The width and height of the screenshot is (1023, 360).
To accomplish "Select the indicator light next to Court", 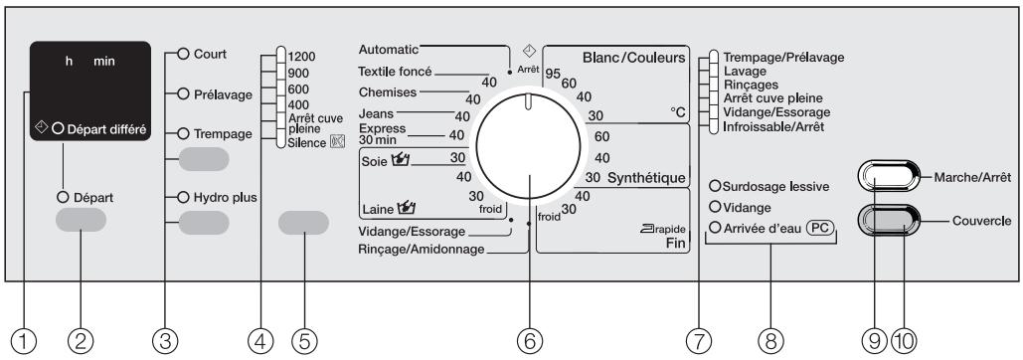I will [x=181, y=54].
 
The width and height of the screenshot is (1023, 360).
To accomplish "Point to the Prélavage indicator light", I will [x=181, y=94].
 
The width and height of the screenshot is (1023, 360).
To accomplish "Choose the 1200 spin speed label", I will [x=299, y=58].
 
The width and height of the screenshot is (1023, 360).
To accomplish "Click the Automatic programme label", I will [x=389, y=48].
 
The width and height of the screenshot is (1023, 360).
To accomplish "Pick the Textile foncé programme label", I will [x=396, y=72].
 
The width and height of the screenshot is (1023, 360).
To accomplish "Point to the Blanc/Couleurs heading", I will [x=634, y=58].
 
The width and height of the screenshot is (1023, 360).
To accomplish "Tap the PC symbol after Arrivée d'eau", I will [x=818, y=229].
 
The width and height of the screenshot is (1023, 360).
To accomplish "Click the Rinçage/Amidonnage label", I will [x=422, y=249].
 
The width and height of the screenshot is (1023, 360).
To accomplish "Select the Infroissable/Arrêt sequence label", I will [x=773, y=127].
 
